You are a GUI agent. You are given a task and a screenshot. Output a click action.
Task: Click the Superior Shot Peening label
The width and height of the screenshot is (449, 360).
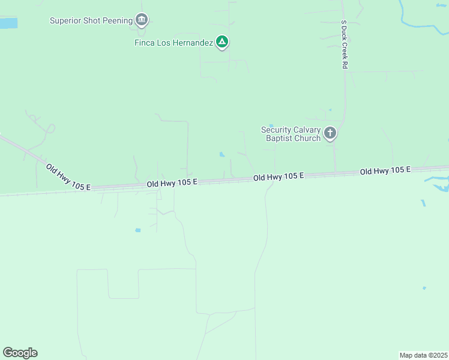pos(91,21)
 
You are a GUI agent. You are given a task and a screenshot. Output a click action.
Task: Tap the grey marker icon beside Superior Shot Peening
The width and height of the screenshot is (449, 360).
pos(142,20)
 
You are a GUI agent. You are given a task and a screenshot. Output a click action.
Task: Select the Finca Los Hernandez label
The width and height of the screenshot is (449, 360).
pos(174,43)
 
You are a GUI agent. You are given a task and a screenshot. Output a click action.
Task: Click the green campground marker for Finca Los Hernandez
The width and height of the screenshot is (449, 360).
pos(222,41)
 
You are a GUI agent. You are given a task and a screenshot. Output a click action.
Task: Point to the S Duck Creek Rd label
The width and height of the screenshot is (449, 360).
pos(345,44)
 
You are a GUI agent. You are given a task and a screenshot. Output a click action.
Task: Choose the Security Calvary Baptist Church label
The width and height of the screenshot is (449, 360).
pos(291,134)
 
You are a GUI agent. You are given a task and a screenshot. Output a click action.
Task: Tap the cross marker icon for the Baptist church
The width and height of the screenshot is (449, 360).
pos(330,133)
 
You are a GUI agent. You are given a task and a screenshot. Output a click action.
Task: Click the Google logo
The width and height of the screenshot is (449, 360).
pos(20,353)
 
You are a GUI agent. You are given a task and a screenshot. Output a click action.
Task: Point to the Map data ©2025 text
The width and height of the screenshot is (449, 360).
pos(423,355)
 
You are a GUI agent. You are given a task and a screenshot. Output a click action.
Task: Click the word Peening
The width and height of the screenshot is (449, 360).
pos(118,21)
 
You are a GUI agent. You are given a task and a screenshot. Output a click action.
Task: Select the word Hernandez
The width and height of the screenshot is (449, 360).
pos(193,43)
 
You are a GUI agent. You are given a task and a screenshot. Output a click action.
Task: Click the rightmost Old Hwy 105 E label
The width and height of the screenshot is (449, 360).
pos(385,171)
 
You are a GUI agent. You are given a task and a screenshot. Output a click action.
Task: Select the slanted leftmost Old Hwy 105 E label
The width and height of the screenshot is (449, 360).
pos(68,177)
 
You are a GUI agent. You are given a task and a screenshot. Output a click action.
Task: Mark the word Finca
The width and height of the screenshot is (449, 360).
pos(144,43)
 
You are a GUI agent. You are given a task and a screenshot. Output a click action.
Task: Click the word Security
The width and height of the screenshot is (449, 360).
pos(276,130)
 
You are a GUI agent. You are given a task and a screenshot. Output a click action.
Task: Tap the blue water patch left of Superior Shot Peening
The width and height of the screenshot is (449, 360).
pos(8,23)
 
